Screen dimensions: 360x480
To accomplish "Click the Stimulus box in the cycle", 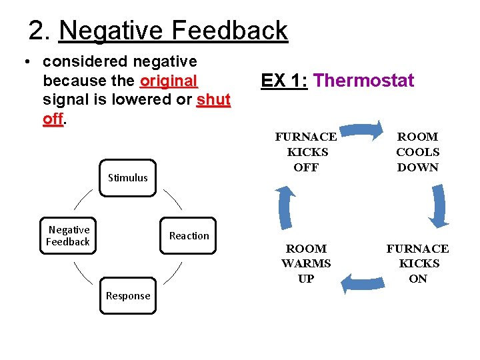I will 127,177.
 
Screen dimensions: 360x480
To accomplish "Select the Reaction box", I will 189,235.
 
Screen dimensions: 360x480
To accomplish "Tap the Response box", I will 127,295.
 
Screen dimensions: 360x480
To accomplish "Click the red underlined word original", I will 169,81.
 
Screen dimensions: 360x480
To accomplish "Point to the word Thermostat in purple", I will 363,81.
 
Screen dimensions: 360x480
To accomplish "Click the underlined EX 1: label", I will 284,81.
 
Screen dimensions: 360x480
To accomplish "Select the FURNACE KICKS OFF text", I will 306,152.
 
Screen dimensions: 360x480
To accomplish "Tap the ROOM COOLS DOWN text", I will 418,152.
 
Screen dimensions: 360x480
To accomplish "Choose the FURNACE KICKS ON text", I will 418,263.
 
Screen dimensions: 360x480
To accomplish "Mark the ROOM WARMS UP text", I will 306,263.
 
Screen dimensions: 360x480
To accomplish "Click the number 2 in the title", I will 37,31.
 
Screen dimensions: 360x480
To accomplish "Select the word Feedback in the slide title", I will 230,31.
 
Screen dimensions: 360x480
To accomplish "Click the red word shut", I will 213,99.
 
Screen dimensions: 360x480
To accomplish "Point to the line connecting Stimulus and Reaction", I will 172,199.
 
